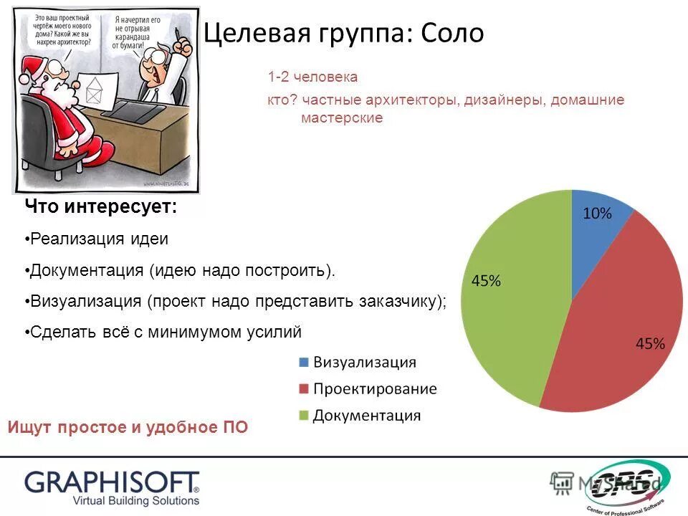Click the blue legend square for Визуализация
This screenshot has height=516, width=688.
(302, 362)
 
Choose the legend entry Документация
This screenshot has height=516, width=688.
(367, 415)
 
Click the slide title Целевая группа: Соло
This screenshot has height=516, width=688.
(344, 33)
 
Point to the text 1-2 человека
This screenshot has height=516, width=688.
(312, 77)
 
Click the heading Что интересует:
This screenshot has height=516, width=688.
(100, 207)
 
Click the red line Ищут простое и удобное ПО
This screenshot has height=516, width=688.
(128, 428)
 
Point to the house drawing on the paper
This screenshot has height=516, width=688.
(94, 93)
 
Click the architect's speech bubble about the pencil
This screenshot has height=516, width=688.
(140, 32)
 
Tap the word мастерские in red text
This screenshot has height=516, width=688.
(342, 118)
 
